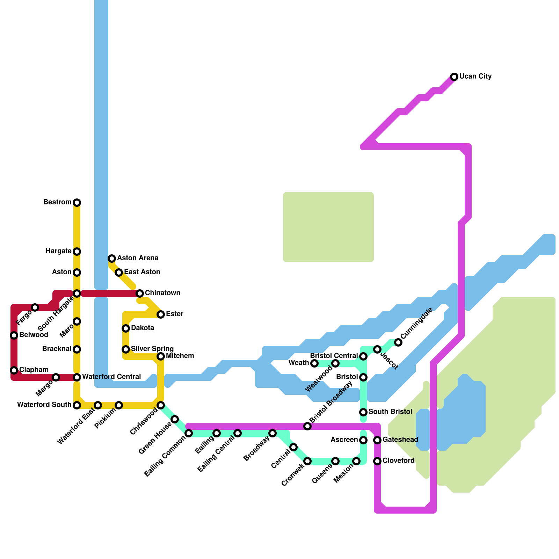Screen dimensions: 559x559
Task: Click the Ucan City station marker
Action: click(454, 77)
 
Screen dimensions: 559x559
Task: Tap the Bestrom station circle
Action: click(77, 203)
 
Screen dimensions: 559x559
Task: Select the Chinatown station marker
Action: click(140, 293)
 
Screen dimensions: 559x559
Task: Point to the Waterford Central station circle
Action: click(77, 377)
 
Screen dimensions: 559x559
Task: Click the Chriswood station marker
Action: click(161, 405)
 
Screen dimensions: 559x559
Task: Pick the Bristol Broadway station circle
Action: click(307, 426)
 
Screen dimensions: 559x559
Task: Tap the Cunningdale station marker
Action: click(398, 342)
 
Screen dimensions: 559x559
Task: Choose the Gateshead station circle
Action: click(377, 440)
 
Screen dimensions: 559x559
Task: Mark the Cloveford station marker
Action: click(377, 461)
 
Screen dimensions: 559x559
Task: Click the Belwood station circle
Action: click(14, 335)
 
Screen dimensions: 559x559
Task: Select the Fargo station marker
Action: click(35, 307)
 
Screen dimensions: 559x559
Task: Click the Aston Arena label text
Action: click(138, 258)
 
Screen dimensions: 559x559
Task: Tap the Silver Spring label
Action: click(152, 349)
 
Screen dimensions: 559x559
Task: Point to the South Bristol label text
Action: click(390, 412)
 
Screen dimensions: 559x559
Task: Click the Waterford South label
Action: click(44, 405)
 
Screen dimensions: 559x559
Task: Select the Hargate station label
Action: click(58, 251)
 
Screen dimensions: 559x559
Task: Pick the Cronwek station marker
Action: click(307, 461)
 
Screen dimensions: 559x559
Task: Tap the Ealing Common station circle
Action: click(189, 433)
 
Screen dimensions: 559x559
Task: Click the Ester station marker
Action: click(161, 314)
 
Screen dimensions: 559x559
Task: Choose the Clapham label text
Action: click(34, 370)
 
